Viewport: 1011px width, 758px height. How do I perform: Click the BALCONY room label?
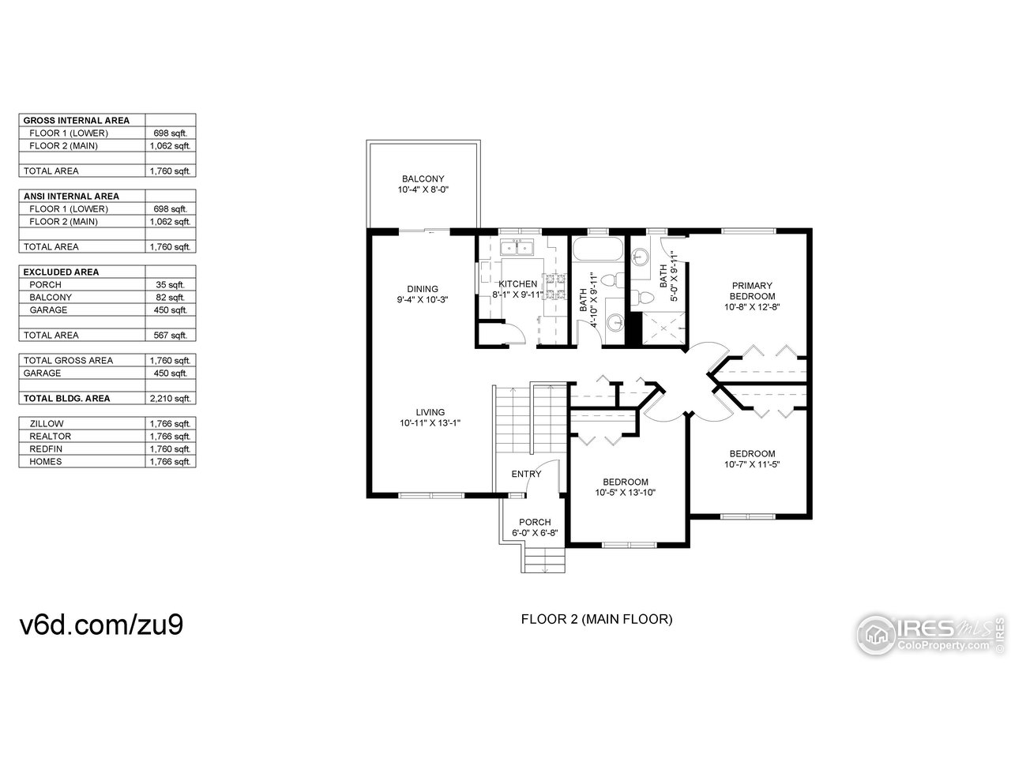[423, 178]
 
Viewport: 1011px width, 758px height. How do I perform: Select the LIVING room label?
[430, 411]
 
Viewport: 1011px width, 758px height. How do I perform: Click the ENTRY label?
[527, 474]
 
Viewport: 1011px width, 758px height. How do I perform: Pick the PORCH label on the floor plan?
[535, 522]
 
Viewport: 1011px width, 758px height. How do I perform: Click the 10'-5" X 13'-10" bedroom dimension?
[626, 493]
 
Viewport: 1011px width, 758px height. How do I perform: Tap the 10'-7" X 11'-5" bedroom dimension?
[752, 464]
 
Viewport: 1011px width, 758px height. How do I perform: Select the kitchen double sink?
[517, 248]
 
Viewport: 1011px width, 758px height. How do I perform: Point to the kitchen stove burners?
[561, 287]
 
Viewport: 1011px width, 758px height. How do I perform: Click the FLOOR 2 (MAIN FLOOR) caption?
[596, 620]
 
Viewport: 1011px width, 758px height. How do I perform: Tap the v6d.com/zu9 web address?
[102, 623]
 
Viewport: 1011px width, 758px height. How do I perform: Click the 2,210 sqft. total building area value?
[170, 399]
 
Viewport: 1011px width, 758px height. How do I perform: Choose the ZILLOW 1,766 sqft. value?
[170, 424]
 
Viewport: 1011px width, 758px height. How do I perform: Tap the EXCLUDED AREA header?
[61, 272]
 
